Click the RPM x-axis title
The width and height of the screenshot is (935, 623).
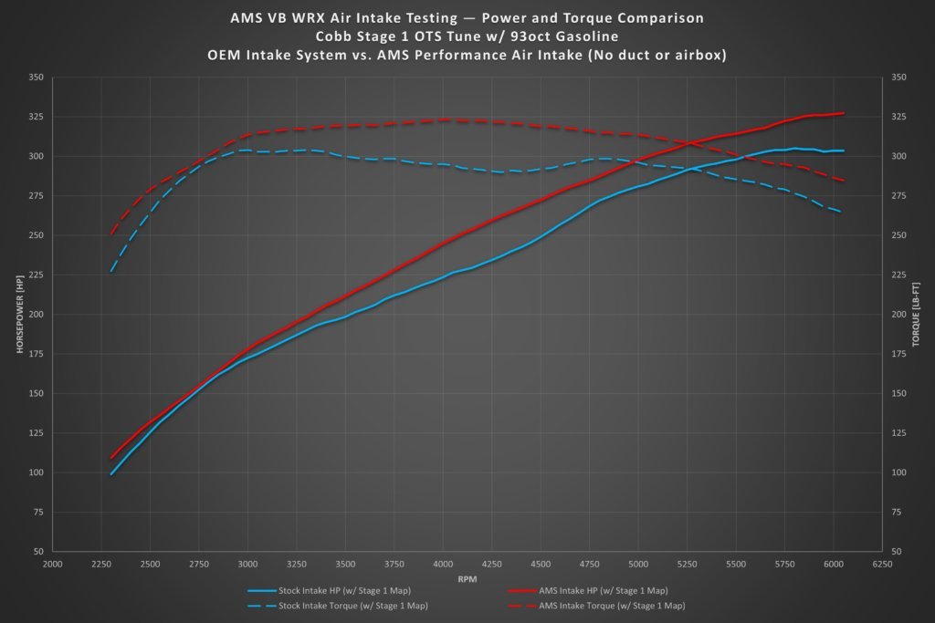point(467,579)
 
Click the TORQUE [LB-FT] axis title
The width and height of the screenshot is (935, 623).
point(916,315)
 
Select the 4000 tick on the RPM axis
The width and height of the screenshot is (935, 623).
point(443,564)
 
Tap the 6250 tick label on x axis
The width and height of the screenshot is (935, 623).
point(882,564)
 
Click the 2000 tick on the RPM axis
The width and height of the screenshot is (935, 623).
point(52,564)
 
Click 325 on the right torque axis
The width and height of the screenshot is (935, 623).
point(897,117)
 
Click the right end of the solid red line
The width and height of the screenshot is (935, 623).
point(843,113)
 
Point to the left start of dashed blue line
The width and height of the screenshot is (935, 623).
point(111,271)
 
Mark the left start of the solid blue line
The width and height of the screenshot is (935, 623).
point(111,473)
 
